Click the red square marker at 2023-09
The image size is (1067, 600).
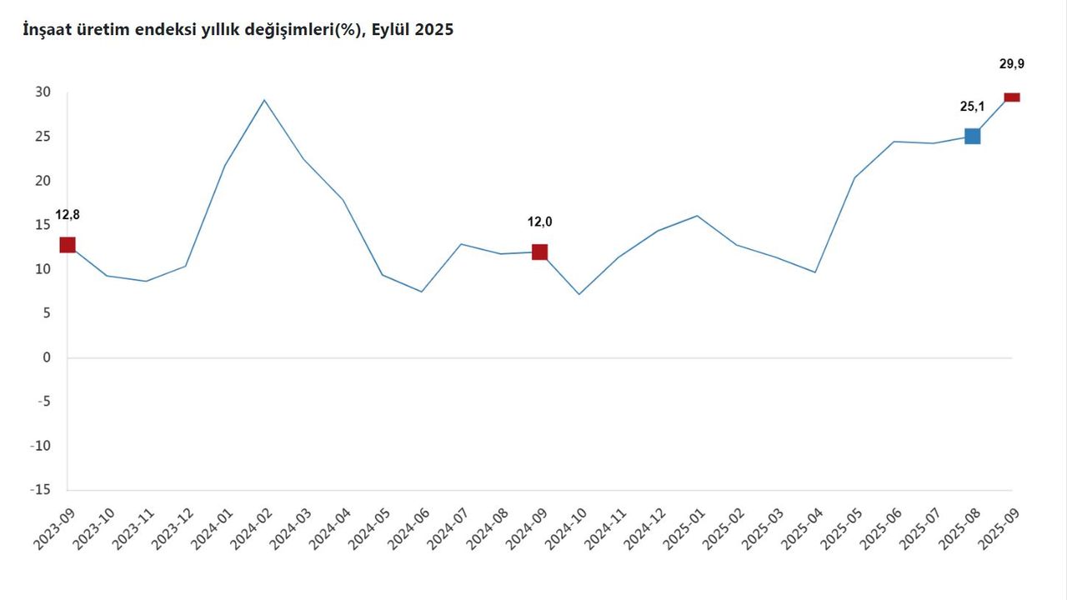pos(68,244)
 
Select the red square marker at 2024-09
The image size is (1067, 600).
pos(539,252)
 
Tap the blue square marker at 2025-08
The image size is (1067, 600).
pos(972,136)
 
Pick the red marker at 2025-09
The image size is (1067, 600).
pos(1011,97)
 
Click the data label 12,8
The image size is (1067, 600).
pos(68,215)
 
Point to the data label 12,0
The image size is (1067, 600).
pos(539,222)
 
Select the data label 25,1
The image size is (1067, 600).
pos(972,106)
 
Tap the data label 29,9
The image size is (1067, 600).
pos(1011,62)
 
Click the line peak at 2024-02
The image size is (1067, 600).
pos(264,100)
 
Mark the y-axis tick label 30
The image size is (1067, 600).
pos(43,92)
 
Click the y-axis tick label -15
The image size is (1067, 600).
pos(40,490)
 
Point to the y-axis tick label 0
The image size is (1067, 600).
pos(47,357)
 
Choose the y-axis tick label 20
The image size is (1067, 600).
pos(43,181)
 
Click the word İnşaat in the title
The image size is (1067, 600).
pos(49,29)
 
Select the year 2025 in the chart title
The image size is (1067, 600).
pos(435,29)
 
